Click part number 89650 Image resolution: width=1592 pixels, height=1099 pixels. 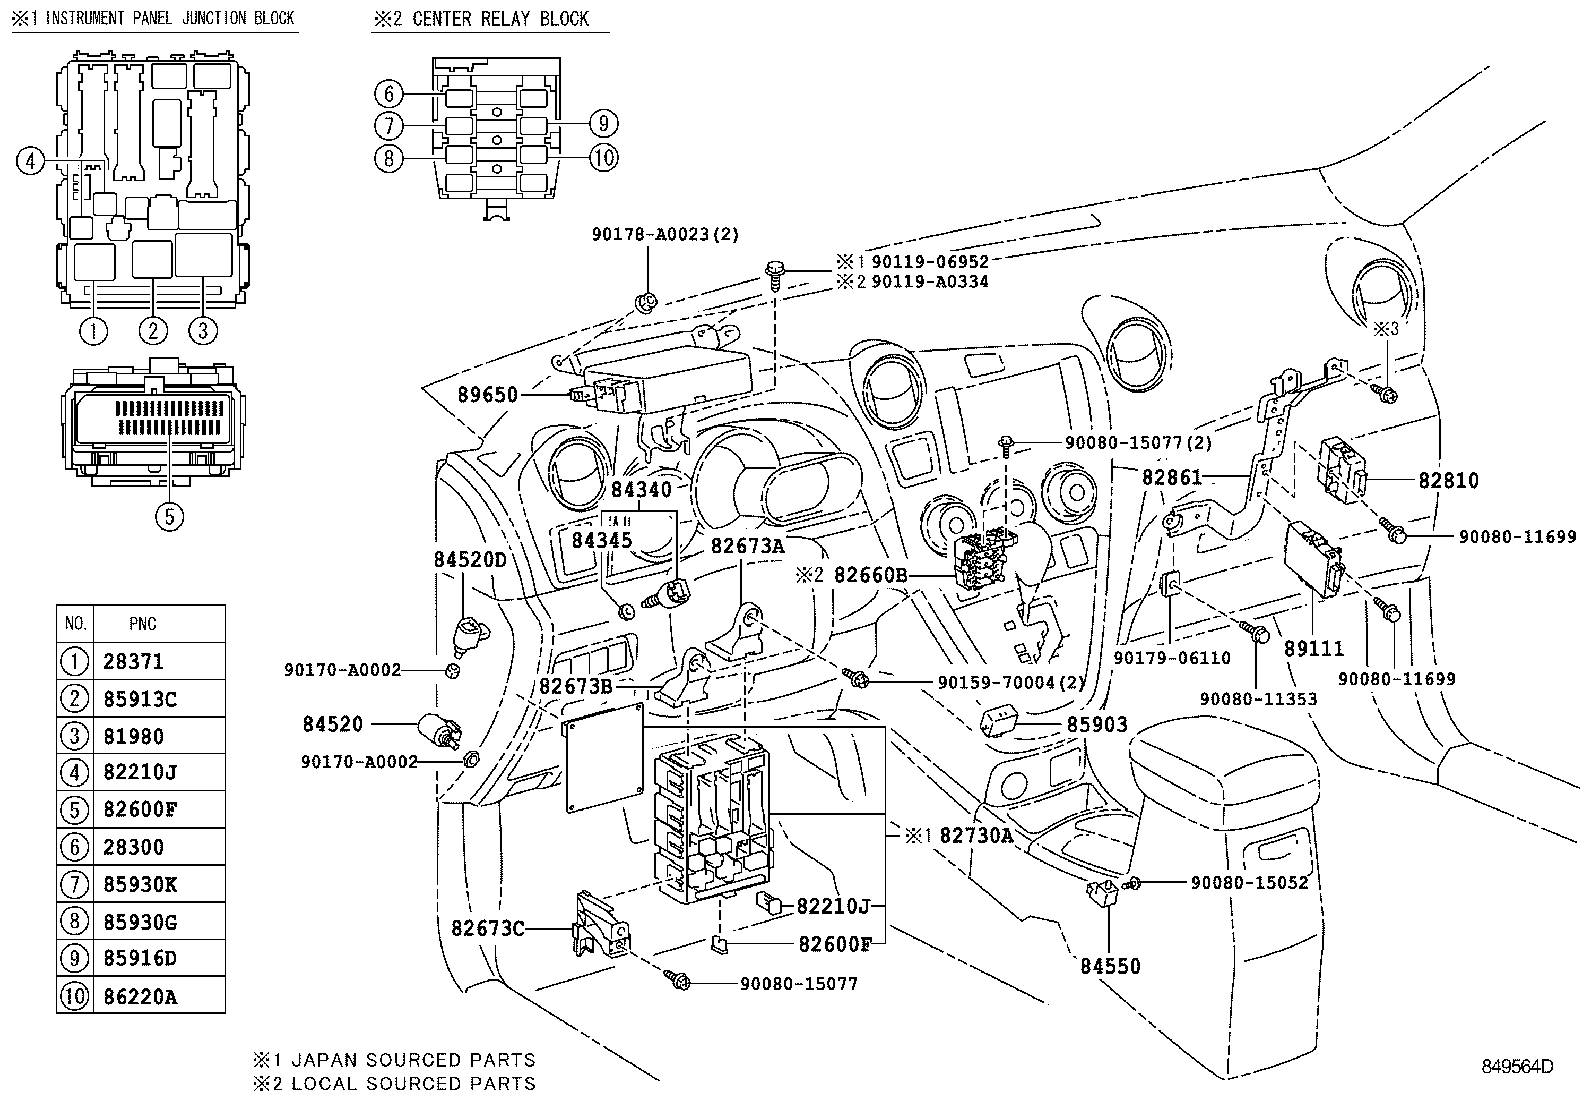[488, 395]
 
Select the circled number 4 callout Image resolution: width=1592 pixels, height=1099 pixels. [30, 161]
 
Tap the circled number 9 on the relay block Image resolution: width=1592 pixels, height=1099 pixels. [603, 124]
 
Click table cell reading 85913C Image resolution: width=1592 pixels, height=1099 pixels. [140, 699]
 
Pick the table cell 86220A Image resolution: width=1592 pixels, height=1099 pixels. [140, 997]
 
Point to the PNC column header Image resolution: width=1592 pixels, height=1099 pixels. [143, 623]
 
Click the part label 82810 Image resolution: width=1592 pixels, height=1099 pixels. [1448, 481]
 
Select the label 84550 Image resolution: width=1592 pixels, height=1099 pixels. [1110, 966]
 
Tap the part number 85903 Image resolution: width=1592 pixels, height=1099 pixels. [1097, 724]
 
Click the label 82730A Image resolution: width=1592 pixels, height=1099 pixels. [976, 835]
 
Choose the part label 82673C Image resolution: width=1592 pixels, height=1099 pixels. [488, 928]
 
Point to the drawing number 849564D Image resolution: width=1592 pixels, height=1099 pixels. [1517, 1066]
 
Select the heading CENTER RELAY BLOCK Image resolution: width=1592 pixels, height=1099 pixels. [500, 18]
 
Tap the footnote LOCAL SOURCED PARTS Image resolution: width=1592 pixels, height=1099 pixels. [414, 1083]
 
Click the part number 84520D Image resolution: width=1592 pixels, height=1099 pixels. [470, 560]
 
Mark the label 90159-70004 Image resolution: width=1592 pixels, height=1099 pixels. [996, 682]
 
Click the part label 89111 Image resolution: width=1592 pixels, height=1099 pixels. [1314, 649]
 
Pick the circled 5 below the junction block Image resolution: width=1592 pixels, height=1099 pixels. [169, 516]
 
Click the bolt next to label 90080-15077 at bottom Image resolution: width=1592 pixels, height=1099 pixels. [677, 980]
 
